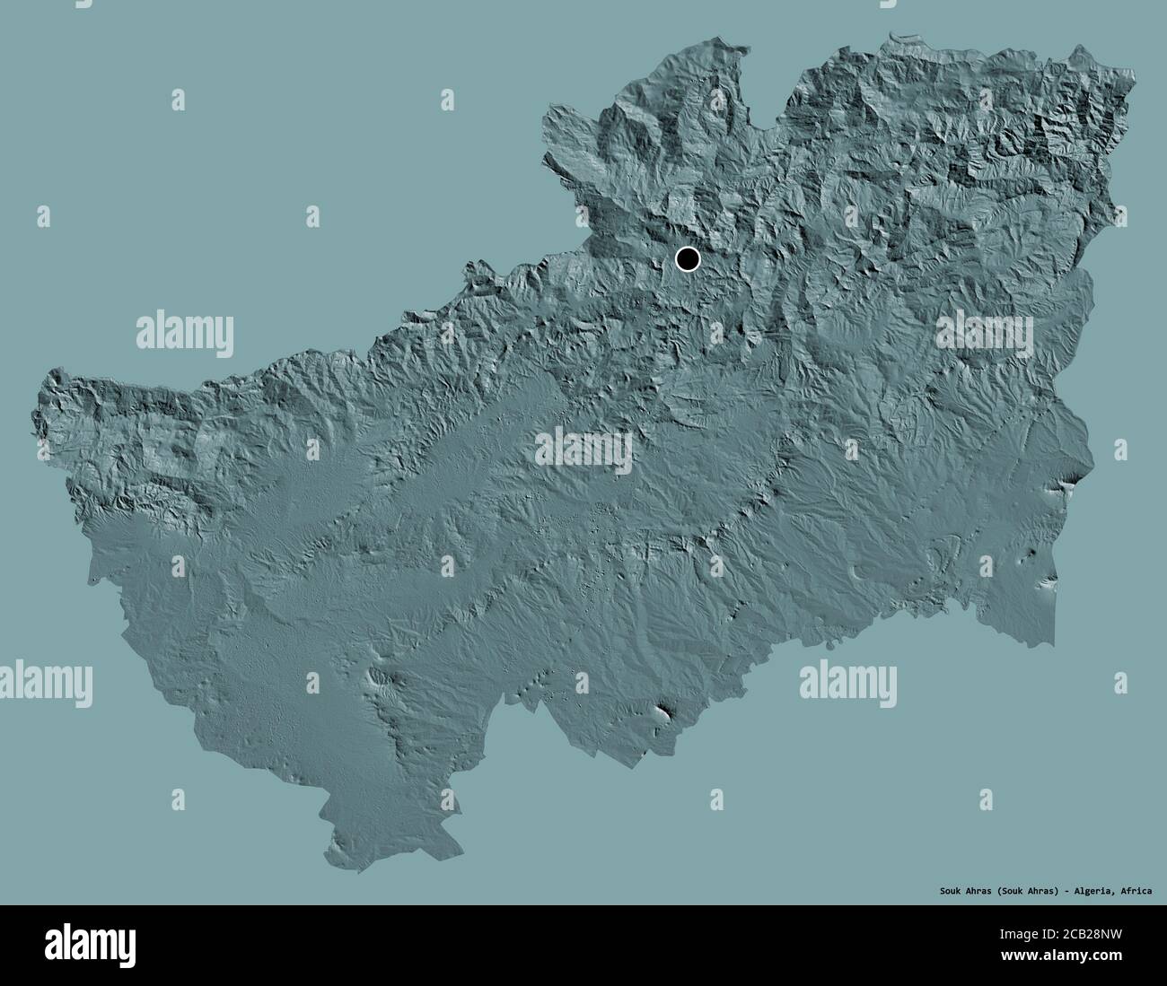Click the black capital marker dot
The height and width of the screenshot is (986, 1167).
coord(687,260)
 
